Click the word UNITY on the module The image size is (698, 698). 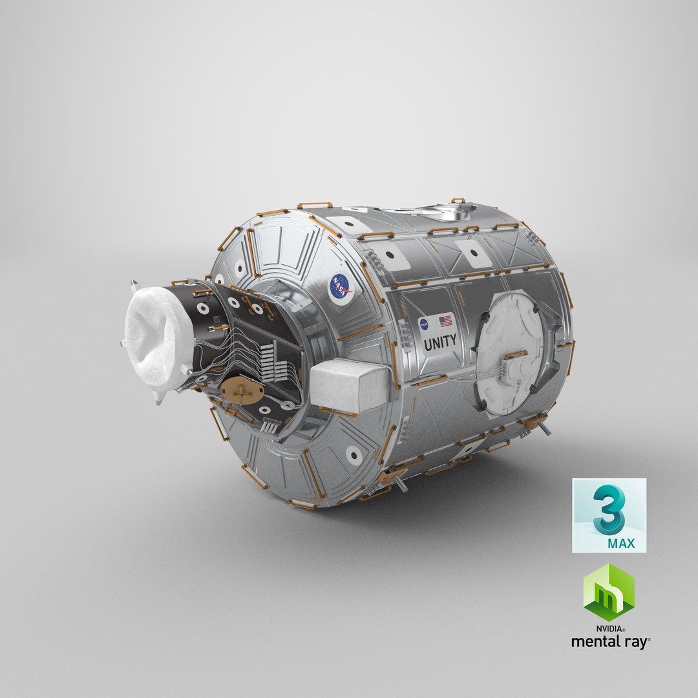coord(440,341)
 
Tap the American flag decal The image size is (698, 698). coord(446,321)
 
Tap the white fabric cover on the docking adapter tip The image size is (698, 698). coord(157,340)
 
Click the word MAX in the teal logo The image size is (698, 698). coord(621,544)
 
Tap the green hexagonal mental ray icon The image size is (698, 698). coord(609,593)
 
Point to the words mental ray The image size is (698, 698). coord(609,642)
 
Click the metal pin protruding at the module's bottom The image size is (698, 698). coord(401,484)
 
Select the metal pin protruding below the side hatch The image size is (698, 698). coord(544,428)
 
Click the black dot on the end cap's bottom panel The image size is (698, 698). coord(353,456)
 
